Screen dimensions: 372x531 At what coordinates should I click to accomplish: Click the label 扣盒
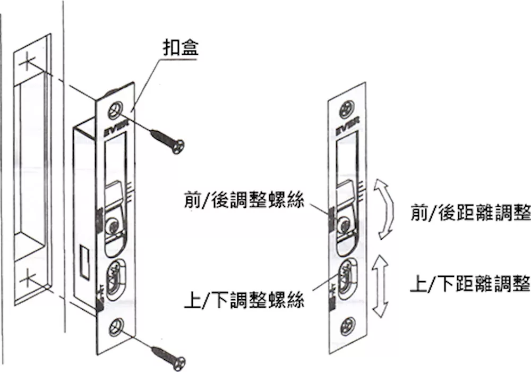tap(181, 49)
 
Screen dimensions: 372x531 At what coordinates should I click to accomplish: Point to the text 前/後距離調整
tap(470, 214)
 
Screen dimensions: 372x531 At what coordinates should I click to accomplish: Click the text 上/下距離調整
tap(470, 284)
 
